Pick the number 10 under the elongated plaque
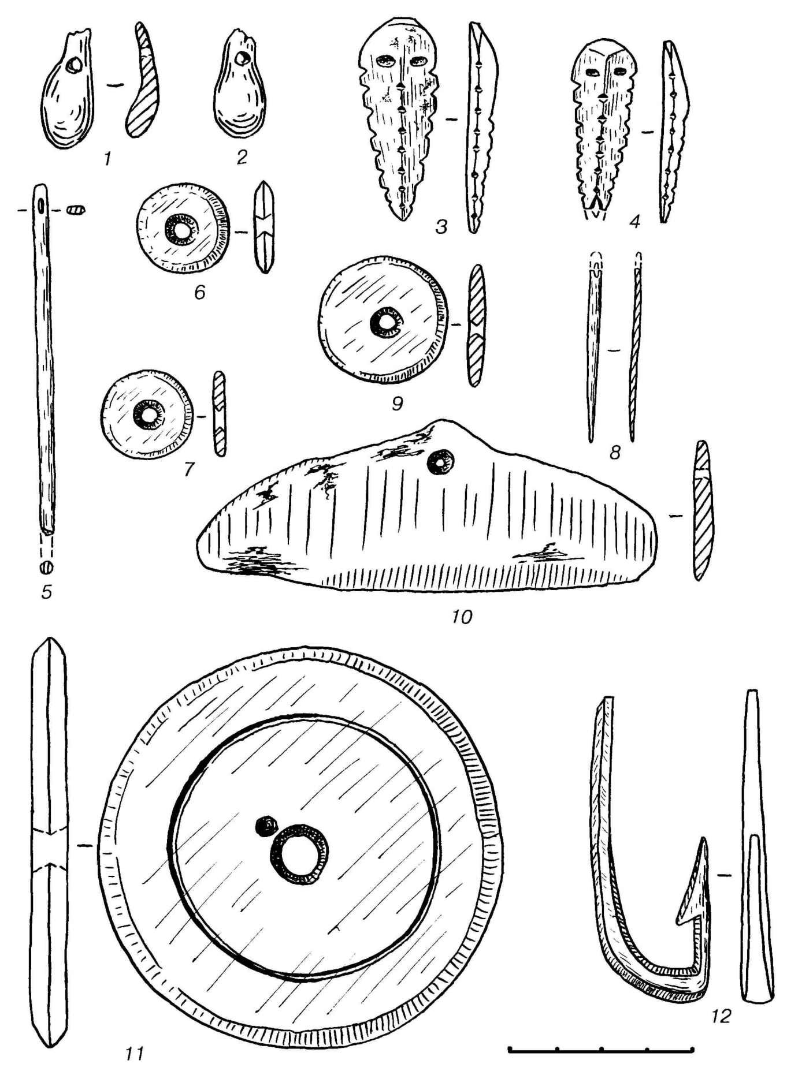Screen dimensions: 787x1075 point(462,617)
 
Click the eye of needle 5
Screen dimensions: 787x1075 point(41,206)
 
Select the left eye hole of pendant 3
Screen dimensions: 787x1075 point(383,61)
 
